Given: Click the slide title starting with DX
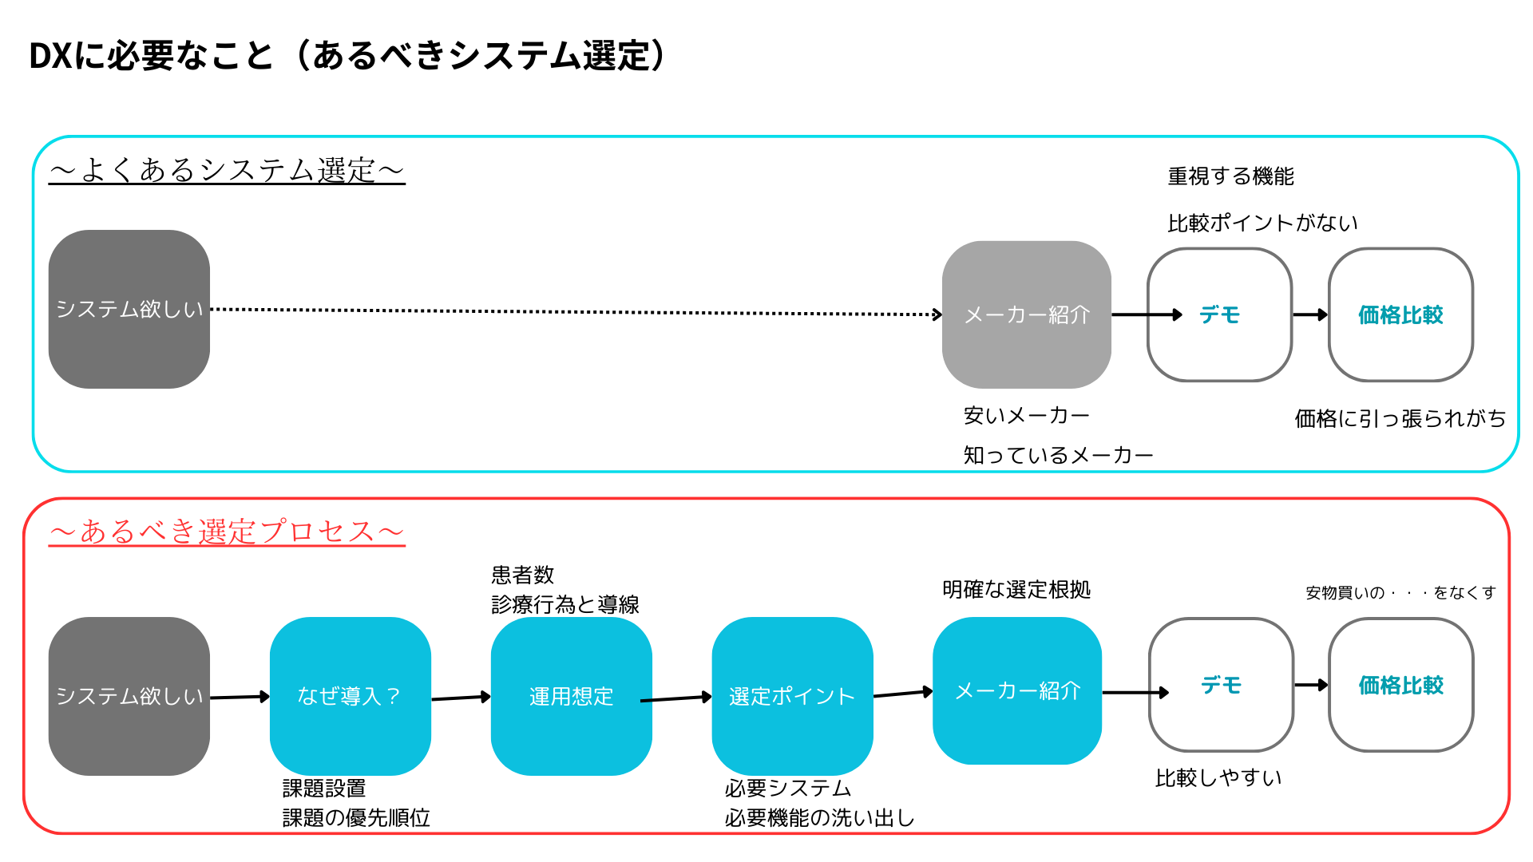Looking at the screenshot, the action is (347, 56).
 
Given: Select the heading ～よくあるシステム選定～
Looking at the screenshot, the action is (227, 170).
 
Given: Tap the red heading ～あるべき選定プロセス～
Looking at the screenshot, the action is (227, 532).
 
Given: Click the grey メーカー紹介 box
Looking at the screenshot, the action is (1027, 314).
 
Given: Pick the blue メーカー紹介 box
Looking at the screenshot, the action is (1017, 690).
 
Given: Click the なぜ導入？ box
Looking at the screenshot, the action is (351, 696).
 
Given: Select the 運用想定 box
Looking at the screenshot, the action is (572, 696).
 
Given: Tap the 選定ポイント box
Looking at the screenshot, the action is (792, 696).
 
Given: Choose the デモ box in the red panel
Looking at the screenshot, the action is (1221, 685).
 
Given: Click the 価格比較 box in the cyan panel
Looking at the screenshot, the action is (1401, 314).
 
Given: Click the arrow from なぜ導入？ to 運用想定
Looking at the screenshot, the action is (461, 698).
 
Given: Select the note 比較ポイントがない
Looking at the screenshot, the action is (1262, 223).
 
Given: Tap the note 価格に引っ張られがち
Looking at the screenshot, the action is (1400, 418).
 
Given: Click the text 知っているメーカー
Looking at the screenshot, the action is (1058, 455).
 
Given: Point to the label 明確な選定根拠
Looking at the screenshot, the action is (1016, 590).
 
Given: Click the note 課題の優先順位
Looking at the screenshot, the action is (356, 817).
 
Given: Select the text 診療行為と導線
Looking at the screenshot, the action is (565, 604).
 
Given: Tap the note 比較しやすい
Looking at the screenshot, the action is (1218, 777).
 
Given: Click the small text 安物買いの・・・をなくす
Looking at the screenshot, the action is (1400, 592).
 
